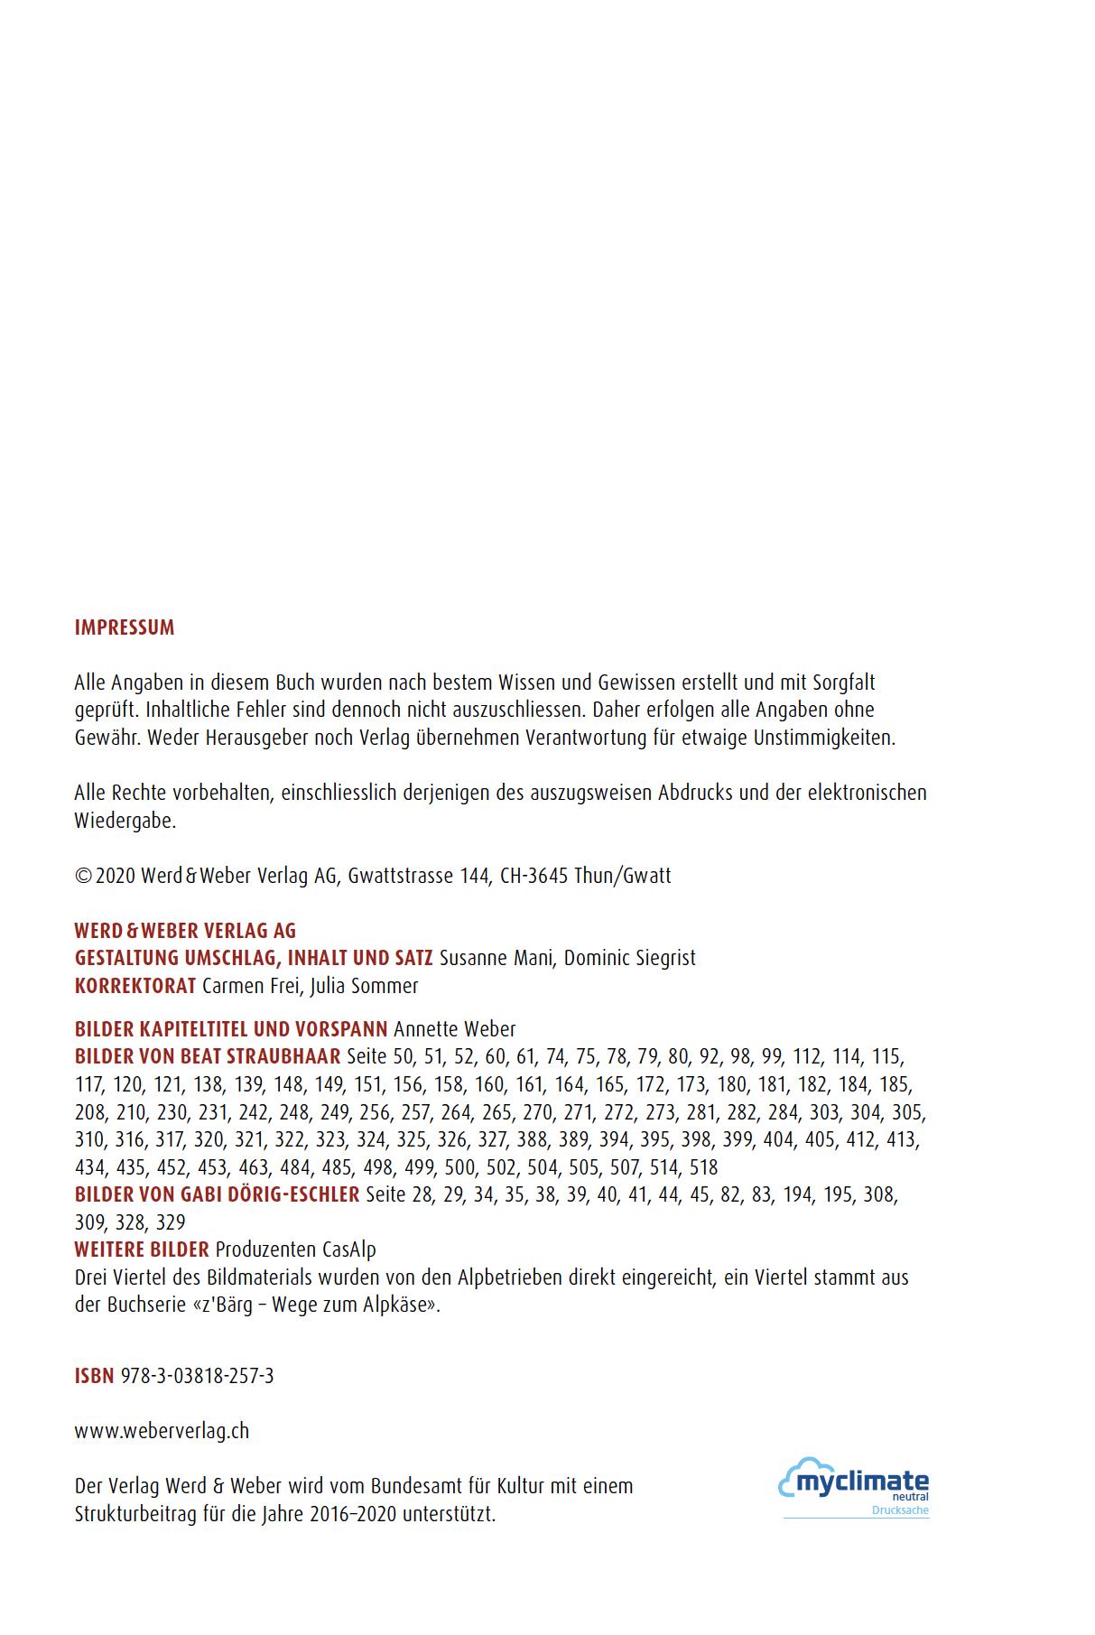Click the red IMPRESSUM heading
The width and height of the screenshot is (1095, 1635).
(x=125, y=628)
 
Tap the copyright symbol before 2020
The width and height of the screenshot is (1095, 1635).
(x=83, y=876)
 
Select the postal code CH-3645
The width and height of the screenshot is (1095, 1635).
(x=534, y=876)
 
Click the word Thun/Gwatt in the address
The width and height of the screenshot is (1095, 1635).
(x=622, y=876)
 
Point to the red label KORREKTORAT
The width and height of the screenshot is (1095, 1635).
(x=135, y=986)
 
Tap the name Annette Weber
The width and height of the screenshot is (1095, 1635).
(x=455, y=1029)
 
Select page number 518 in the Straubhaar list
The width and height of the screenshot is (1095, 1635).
(x=703, y=1167)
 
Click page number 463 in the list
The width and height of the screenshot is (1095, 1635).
(x=255, y=1167)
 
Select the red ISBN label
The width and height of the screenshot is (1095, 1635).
(x=94, y=1376)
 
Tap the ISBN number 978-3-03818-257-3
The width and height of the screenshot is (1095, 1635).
(x=197, y=1376)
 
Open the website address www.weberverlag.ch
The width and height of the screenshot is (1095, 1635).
(x=162, y=1431)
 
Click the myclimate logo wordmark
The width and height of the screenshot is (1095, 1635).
(x=861, y=1482)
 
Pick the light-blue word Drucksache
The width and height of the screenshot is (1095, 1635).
(x=900, y=1510)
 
